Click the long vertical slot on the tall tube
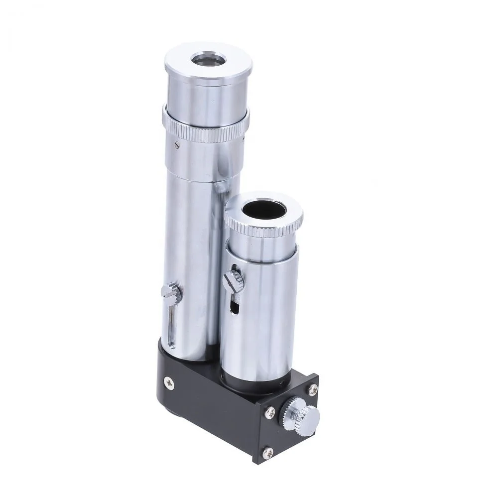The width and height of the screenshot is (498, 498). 171,329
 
